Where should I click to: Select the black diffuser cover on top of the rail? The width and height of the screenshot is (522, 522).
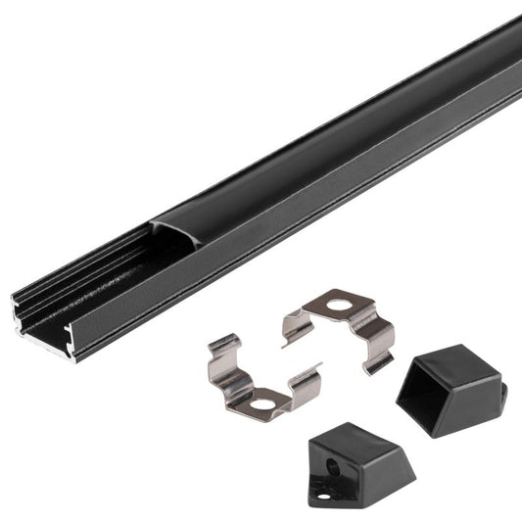click(343, 118)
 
